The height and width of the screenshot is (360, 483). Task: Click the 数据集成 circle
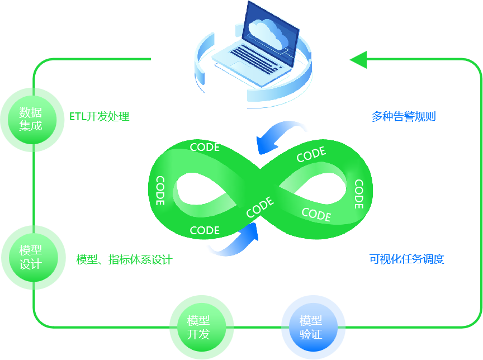click(x=31, y=119)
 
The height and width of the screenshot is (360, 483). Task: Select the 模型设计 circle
click(x=31, y=257)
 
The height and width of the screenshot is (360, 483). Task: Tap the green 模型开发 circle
click(x=199, y=328)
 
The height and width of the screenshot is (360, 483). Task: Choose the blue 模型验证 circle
click(x=311, y=328)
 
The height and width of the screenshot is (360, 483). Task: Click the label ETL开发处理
click(x=100, y=117)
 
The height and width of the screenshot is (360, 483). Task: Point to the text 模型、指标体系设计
click(x=124, y=259)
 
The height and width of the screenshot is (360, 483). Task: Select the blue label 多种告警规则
click(x=404, y=117)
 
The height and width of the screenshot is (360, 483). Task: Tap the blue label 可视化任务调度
click(x=406, y=259)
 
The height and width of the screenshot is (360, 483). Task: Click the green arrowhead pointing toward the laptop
click(x=358, y=59)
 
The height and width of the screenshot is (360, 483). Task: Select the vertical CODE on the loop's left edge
click(x=160, y=191)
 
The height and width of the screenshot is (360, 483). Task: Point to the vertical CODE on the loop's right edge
click(x=359, y=193)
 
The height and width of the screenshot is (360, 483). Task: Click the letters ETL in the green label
click(x=77, y=117)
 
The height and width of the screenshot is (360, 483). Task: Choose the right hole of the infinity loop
click(x=316, y=187)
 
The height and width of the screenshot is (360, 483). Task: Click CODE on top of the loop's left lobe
click(x=205, y=147)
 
